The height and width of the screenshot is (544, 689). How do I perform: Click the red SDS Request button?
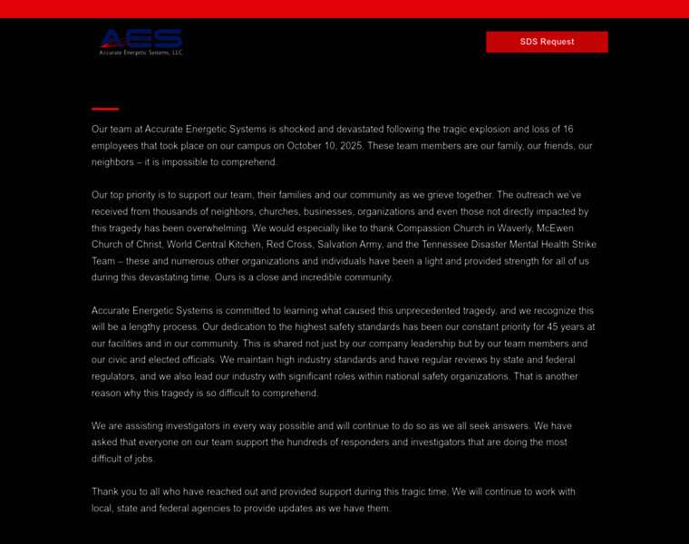[x=547, y=42]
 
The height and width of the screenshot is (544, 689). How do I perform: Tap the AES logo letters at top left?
[x=141, y=37]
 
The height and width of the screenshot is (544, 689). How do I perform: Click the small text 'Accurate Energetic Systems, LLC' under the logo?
[x=141, y=53]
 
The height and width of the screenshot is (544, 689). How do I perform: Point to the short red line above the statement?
[x=105, y=109]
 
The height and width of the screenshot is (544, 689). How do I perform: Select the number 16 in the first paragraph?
[x=568, y=129]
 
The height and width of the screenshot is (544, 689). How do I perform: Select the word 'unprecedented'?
[x=431, y=310]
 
